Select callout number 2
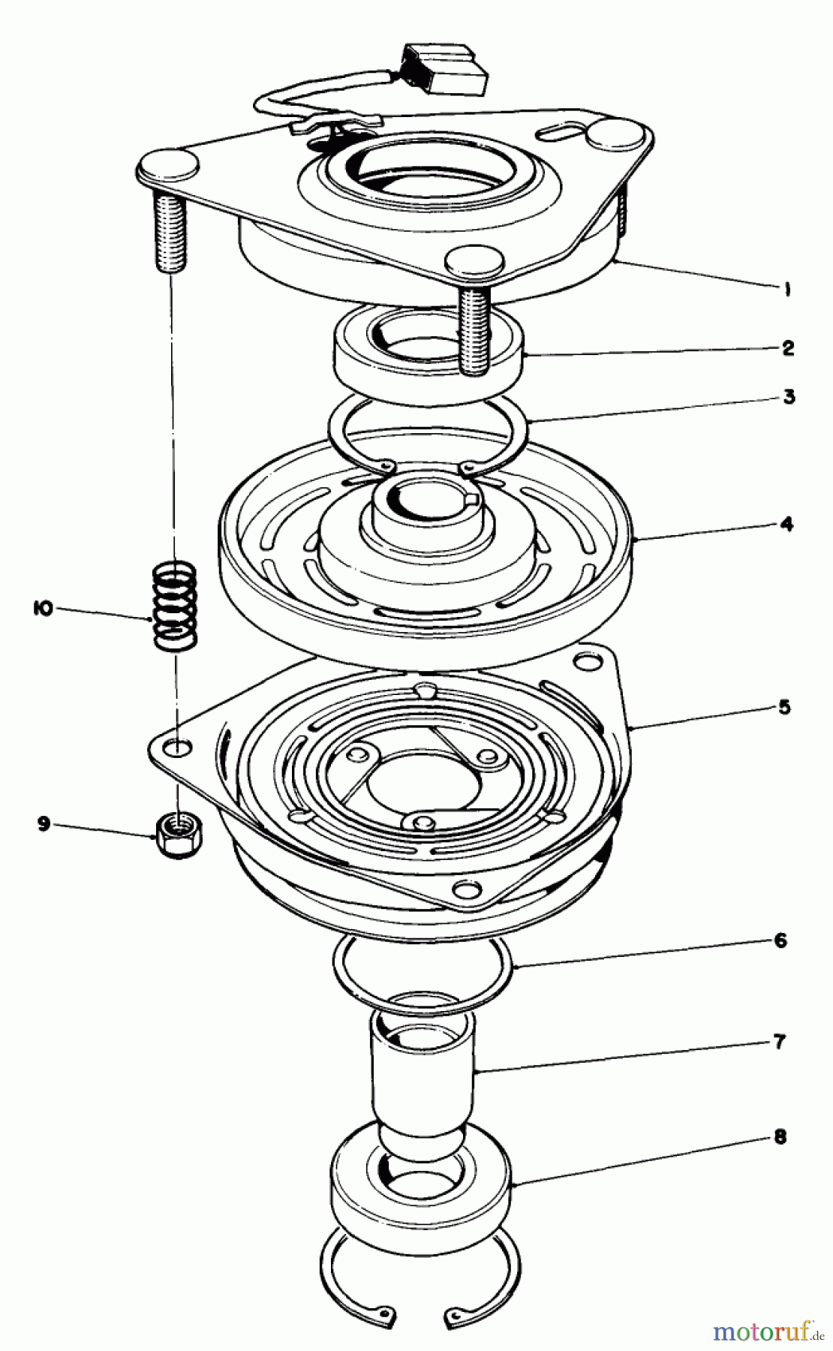[x=786, y=348]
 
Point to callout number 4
[x=786, y=524]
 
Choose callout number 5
[x=784, y=707]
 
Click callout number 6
[x=780, y=940]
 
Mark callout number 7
[x=780, y=1042]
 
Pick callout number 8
[x=780, y=1137]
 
